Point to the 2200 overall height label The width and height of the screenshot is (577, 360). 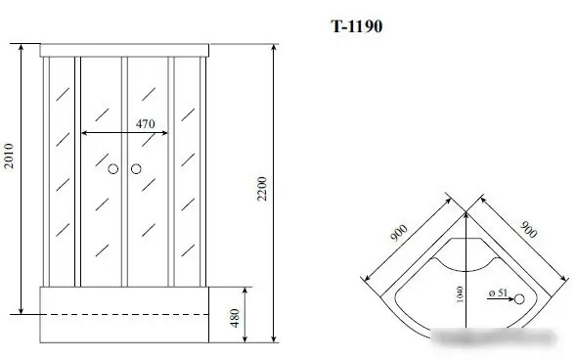pos(262,196)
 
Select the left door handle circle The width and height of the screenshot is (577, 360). pos(113,171)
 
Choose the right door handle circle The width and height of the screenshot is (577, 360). pos(136,171)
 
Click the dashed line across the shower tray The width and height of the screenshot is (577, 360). pos(127,315)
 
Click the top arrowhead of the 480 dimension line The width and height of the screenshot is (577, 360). pos(244,292)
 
